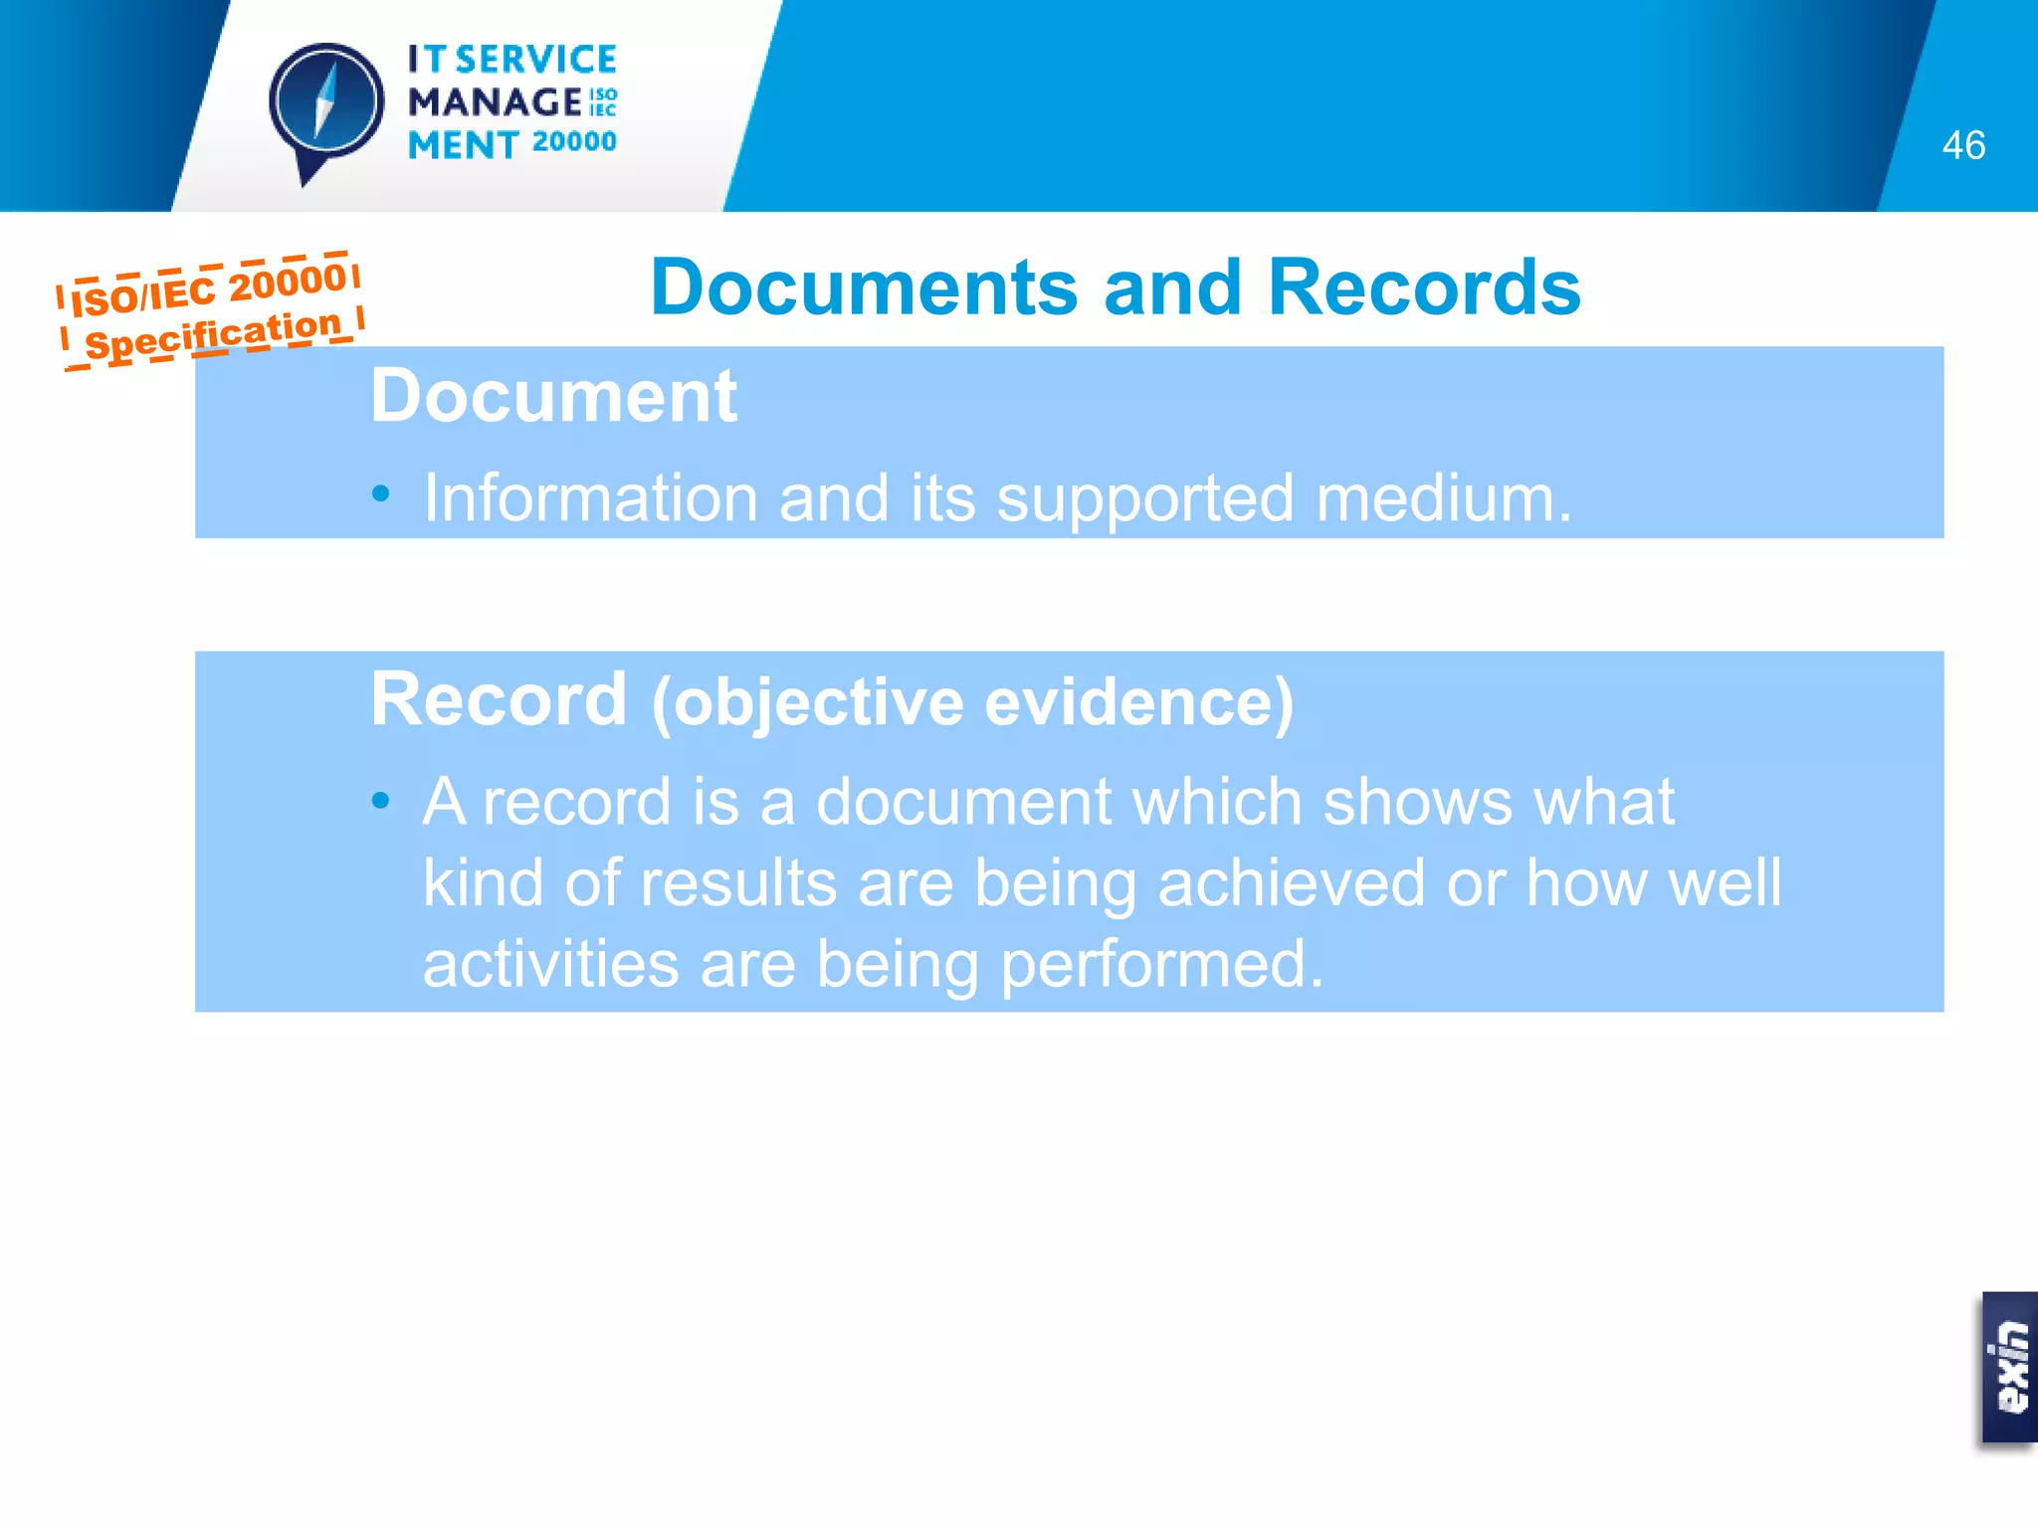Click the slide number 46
[x=1962, y=145]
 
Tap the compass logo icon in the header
[x=325, y=105]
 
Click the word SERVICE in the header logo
[x=535, y=60]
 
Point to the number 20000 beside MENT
[x=574, y=142]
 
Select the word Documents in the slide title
[x=864, y=287]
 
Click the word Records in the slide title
[x=1423, y=287]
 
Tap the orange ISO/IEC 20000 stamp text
[x=209, y=286]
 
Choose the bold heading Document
[x=553, y=396]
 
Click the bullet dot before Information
[x=380, y=494]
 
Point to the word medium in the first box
[x=1443, y=497]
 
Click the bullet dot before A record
[x=380, y=800]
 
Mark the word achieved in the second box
[x=1292, y=883]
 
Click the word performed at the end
[x=1161, y=965]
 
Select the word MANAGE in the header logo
[x=495, y=101]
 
